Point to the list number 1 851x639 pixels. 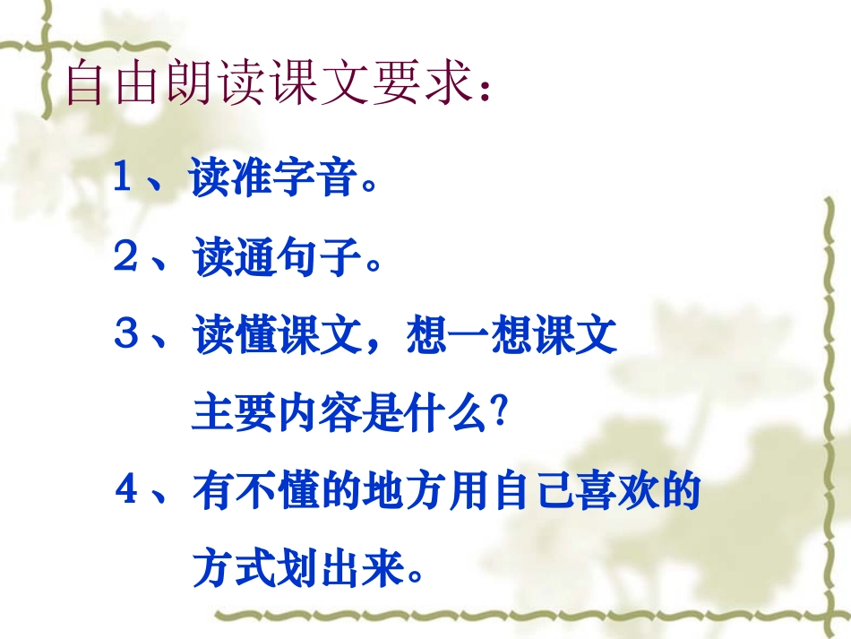click(124, 179)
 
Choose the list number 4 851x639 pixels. click(125, 493)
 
